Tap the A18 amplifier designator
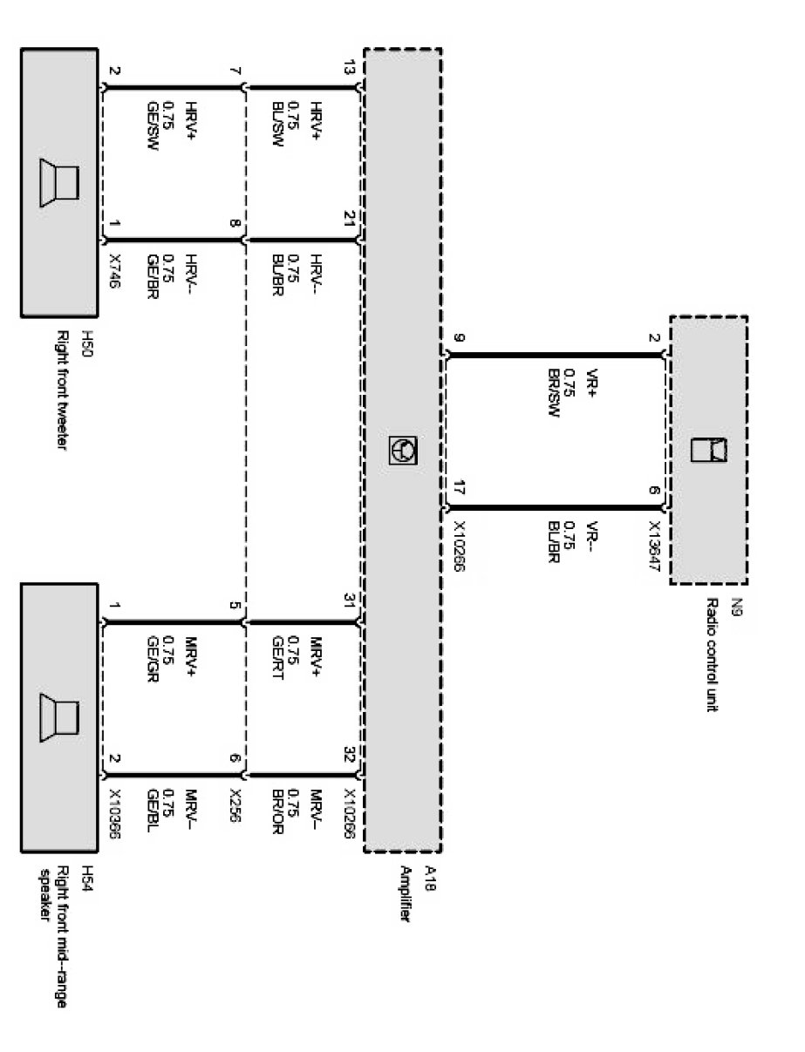(427, 874)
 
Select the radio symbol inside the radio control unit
(709, 450)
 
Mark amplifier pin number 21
(350, 221)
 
